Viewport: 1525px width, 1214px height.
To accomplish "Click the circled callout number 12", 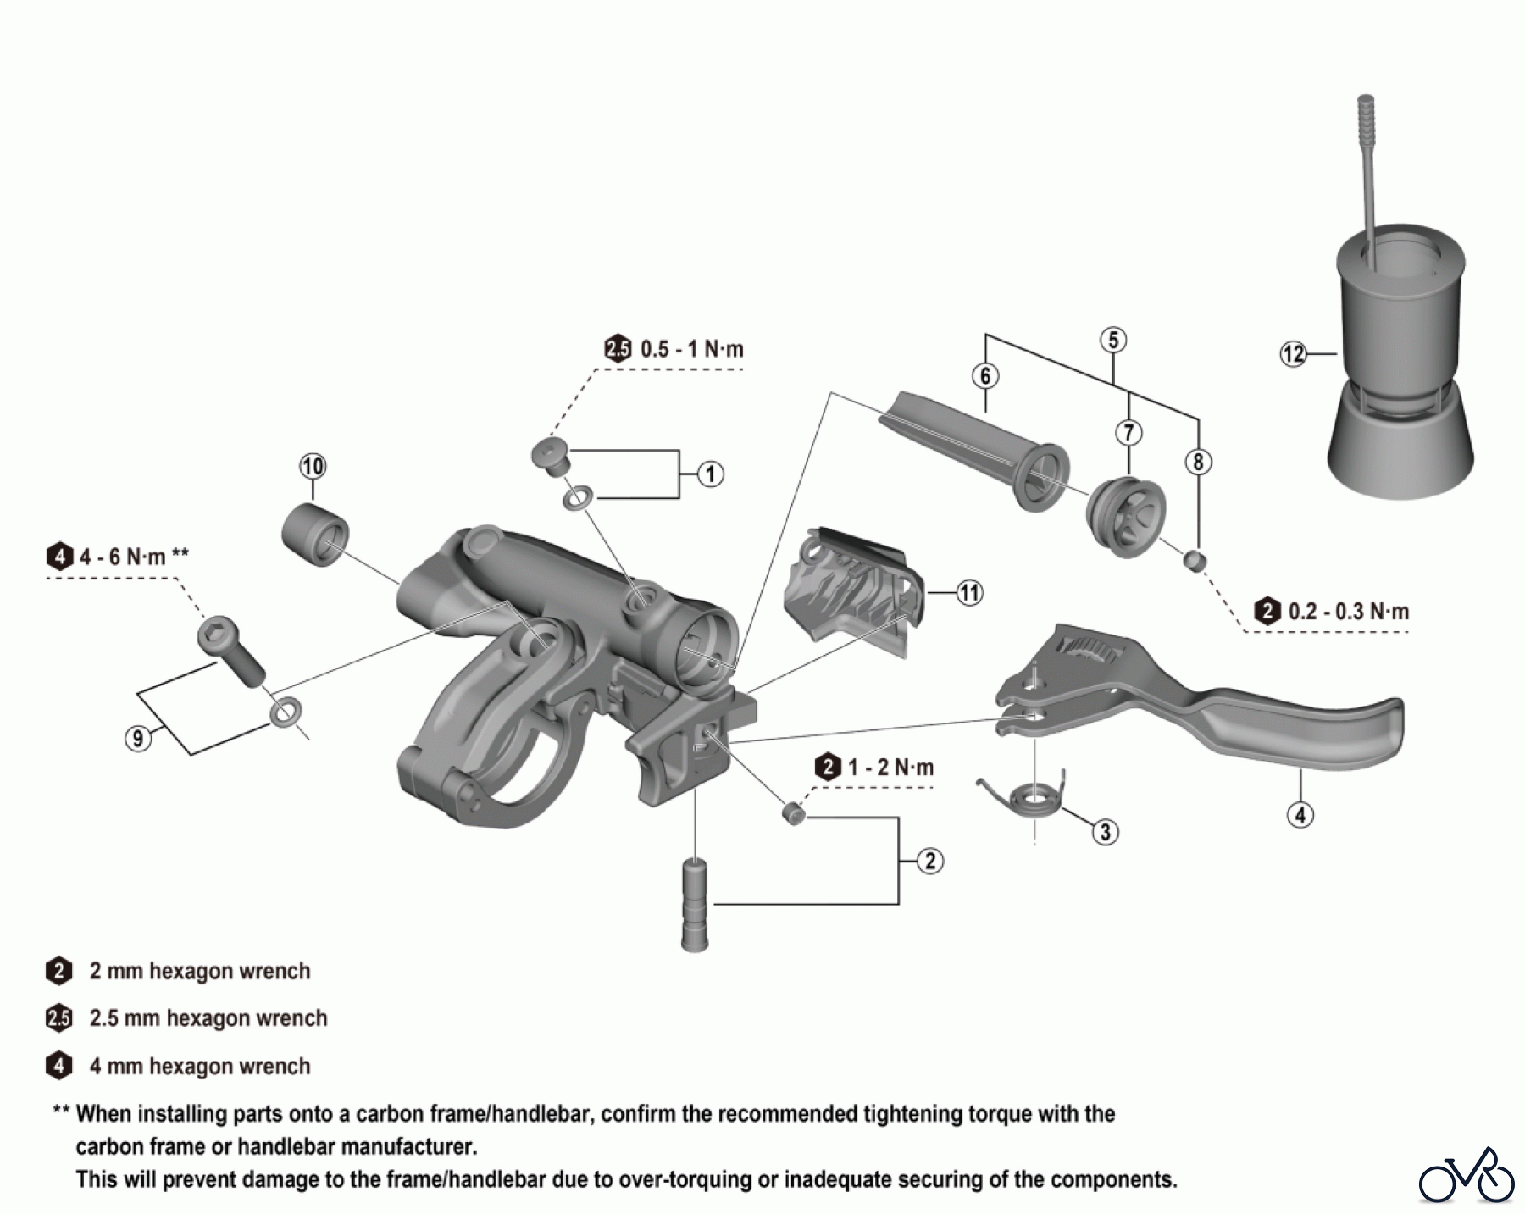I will [x=1293, y=353].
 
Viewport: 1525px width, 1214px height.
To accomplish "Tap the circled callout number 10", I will [x=313, y=466].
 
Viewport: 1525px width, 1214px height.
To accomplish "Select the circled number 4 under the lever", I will [x=1300, y=815].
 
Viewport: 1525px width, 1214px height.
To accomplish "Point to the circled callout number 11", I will [x=969, y=593].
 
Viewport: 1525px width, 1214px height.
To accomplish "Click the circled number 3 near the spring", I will [x=1105, y=832].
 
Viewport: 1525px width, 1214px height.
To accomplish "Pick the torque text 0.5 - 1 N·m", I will [x=691, y=349].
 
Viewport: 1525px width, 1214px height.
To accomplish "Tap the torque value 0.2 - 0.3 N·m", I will [x=1348, y=612].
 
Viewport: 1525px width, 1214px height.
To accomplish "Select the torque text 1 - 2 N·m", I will [x=890, y=768].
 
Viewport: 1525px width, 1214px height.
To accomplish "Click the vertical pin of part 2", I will [x=696, y=904].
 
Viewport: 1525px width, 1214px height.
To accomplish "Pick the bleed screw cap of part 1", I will [x=550, y=455].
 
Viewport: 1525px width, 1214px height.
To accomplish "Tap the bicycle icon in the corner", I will [x=1467, y=1176].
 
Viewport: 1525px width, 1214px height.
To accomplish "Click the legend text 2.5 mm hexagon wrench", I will [x=208, y=1018].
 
